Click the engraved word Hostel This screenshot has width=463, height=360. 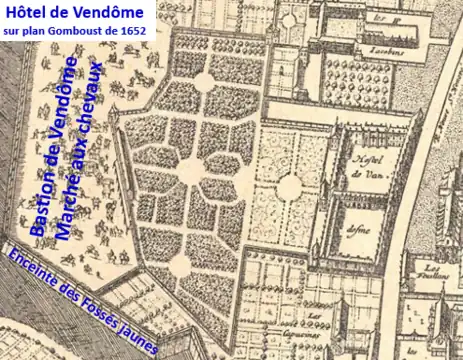click(x=362, y=159)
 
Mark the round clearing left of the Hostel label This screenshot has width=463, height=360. click(x=291, y=185)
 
